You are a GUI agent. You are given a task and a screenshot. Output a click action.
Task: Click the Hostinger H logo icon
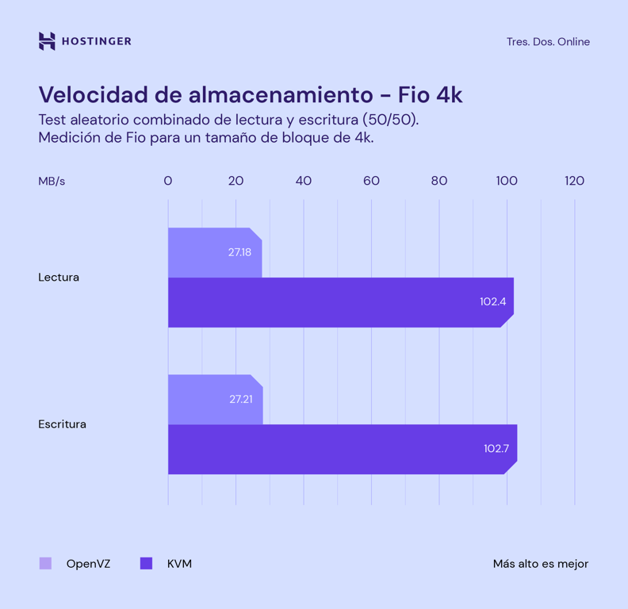(47, 41)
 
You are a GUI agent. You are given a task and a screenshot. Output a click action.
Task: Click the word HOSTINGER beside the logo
(96, 41)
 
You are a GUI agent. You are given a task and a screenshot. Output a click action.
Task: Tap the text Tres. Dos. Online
(548, 42)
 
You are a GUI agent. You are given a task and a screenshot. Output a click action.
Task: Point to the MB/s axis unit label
(52, 182)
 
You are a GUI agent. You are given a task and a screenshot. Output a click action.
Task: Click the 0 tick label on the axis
(168, 182)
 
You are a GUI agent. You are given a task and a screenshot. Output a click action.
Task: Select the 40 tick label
(304, 182)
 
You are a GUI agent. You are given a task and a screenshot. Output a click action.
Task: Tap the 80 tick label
(439, 182)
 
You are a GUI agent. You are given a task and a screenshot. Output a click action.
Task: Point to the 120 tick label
(574, 182)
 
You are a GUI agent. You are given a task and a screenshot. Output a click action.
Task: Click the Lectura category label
(59, 278)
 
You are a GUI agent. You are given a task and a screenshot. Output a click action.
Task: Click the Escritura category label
(62, 424)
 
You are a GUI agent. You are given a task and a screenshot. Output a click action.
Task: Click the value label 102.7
(496, 449)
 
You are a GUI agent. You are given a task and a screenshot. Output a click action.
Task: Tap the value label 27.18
(239, 252)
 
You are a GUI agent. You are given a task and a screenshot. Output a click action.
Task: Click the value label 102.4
(492, 301)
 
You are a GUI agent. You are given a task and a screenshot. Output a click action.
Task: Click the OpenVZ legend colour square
(46, 564)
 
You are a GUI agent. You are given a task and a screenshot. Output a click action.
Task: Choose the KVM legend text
(179, 564)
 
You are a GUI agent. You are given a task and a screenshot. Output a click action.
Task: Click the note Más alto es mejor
(540, 564)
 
